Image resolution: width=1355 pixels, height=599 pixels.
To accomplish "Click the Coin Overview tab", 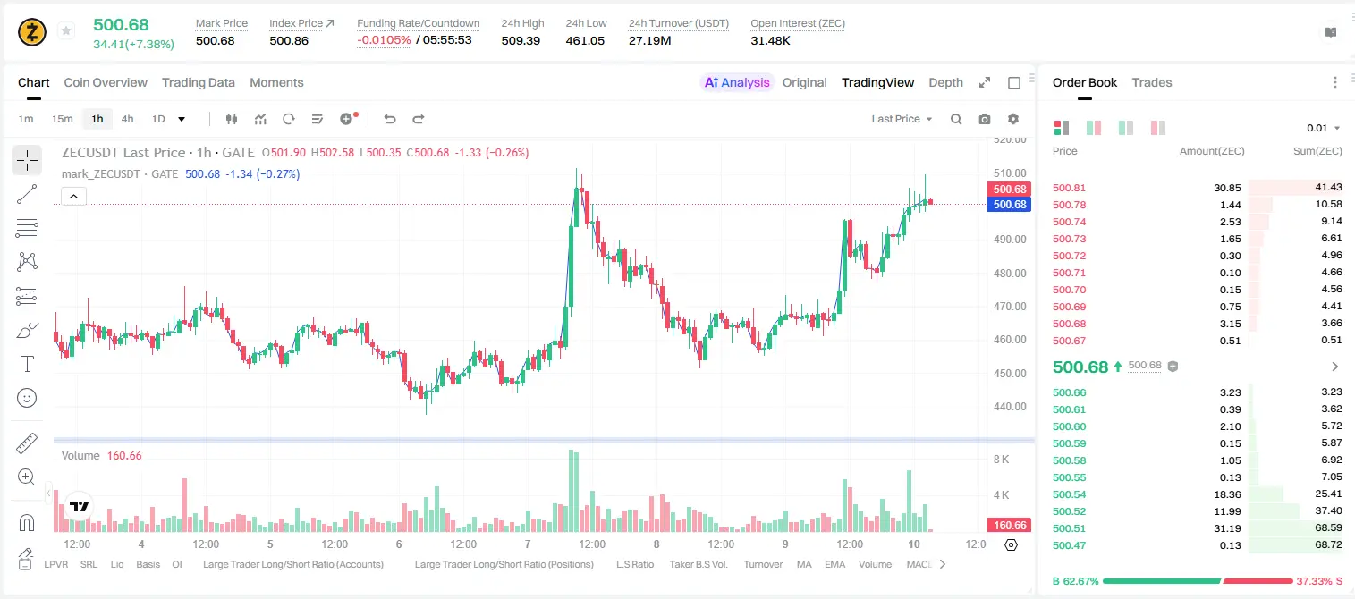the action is (x=106, y=82).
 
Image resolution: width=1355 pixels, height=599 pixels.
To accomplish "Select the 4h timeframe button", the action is (x=127, y=119).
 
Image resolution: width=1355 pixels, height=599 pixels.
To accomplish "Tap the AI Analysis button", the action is (x=737, y=82).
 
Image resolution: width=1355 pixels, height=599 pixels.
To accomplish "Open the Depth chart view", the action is (x=945, y=82).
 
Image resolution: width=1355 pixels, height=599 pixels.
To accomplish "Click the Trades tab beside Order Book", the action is (x=1152, y=82).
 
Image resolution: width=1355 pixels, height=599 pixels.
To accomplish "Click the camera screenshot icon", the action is (x=985, y=119).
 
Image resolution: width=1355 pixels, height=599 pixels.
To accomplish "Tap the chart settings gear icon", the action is (x=1013, y=119).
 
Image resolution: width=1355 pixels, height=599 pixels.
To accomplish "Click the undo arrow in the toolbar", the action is (x=390, y=119).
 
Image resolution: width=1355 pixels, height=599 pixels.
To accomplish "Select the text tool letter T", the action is (x=27, y=364).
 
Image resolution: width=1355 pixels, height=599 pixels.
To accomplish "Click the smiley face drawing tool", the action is (x=27, y=398).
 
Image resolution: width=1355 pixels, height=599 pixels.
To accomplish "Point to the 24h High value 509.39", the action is (x=521, y=40).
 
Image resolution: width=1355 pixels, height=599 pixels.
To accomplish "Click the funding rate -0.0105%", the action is (x=384, y=40).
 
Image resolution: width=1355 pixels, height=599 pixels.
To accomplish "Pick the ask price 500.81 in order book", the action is (x=1069, y=188).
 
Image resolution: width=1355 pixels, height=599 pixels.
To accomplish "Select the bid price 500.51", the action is (x=1069, y=528).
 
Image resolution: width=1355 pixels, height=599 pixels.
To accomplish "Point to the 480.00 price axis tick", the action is (x=1010, y=274).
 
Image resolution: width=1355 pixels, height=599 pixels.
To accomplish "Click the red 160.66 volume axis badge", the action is (x=1010, y=526).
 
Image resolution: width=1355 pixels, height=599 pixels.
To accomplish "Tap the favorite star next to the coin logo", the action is (x=66, y=30).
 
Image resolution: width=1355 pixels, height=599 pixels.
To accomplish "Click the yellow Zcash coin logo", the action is (x=32, y=32).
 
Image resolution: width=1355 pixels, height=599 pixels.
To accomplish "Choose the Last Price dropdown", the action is (x=902, y=119).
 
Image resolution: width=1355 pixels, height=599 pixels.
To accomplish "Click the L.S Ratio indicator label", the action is (x=634, y=564).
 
